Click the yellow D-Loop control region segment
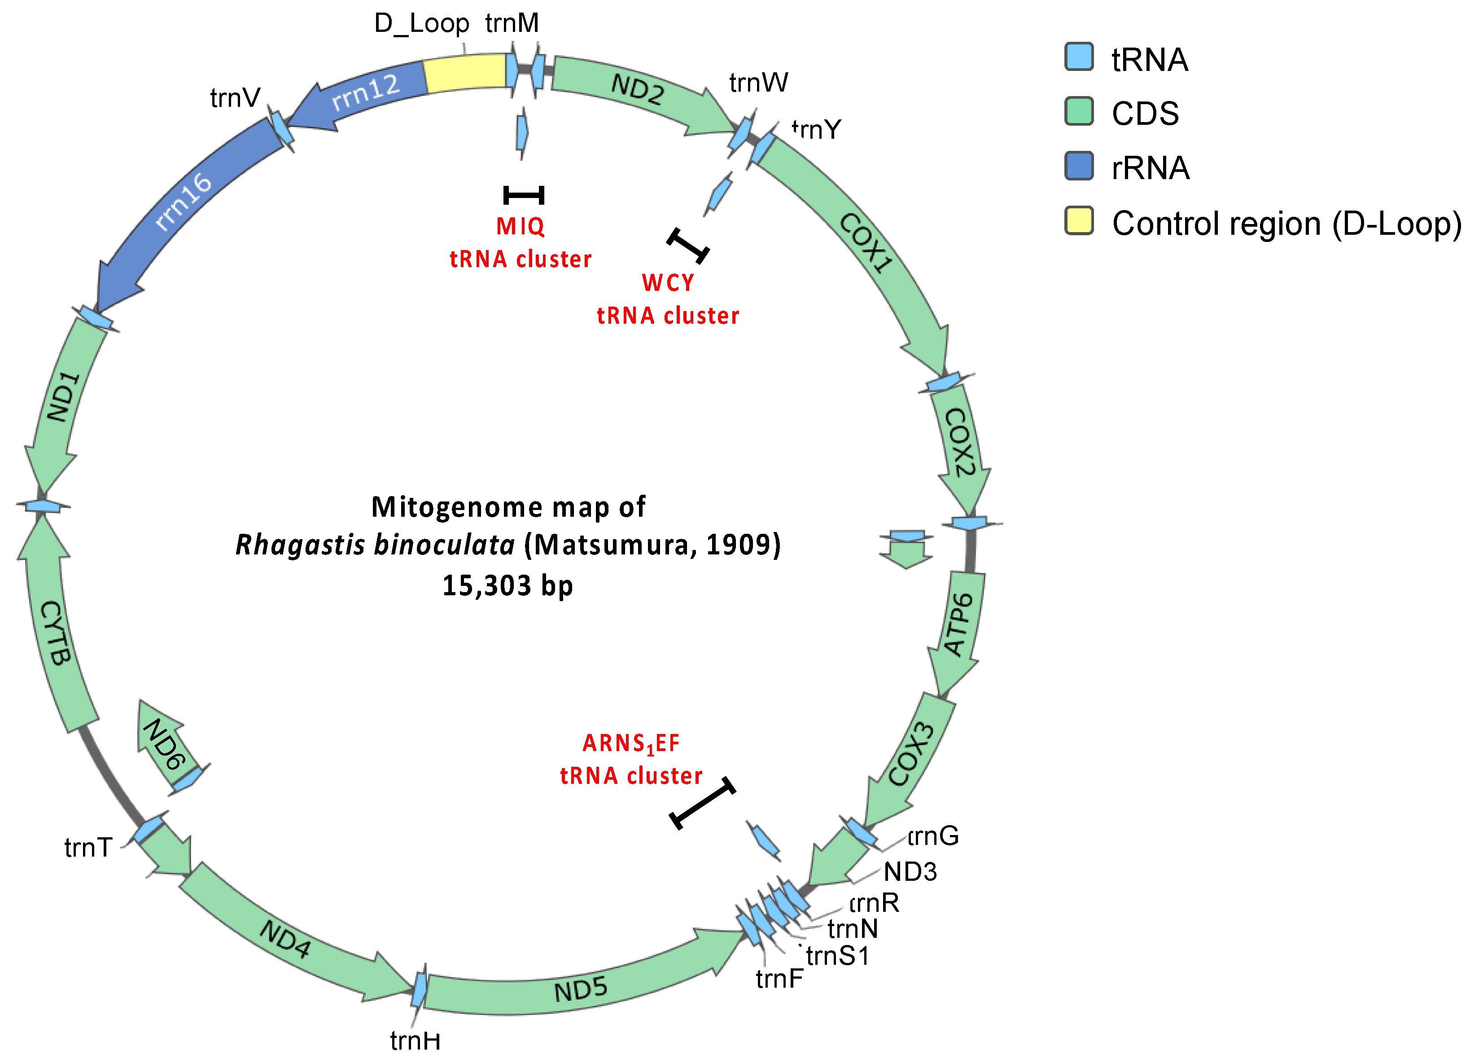point(465,72)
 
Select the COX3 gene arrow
point(910,756)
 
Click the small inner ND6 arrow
point(164,744)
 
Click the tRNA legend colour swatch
point(1079,57)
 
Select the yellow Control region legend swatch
point(1079,220)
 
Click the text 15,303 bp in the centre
point(507,585)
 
